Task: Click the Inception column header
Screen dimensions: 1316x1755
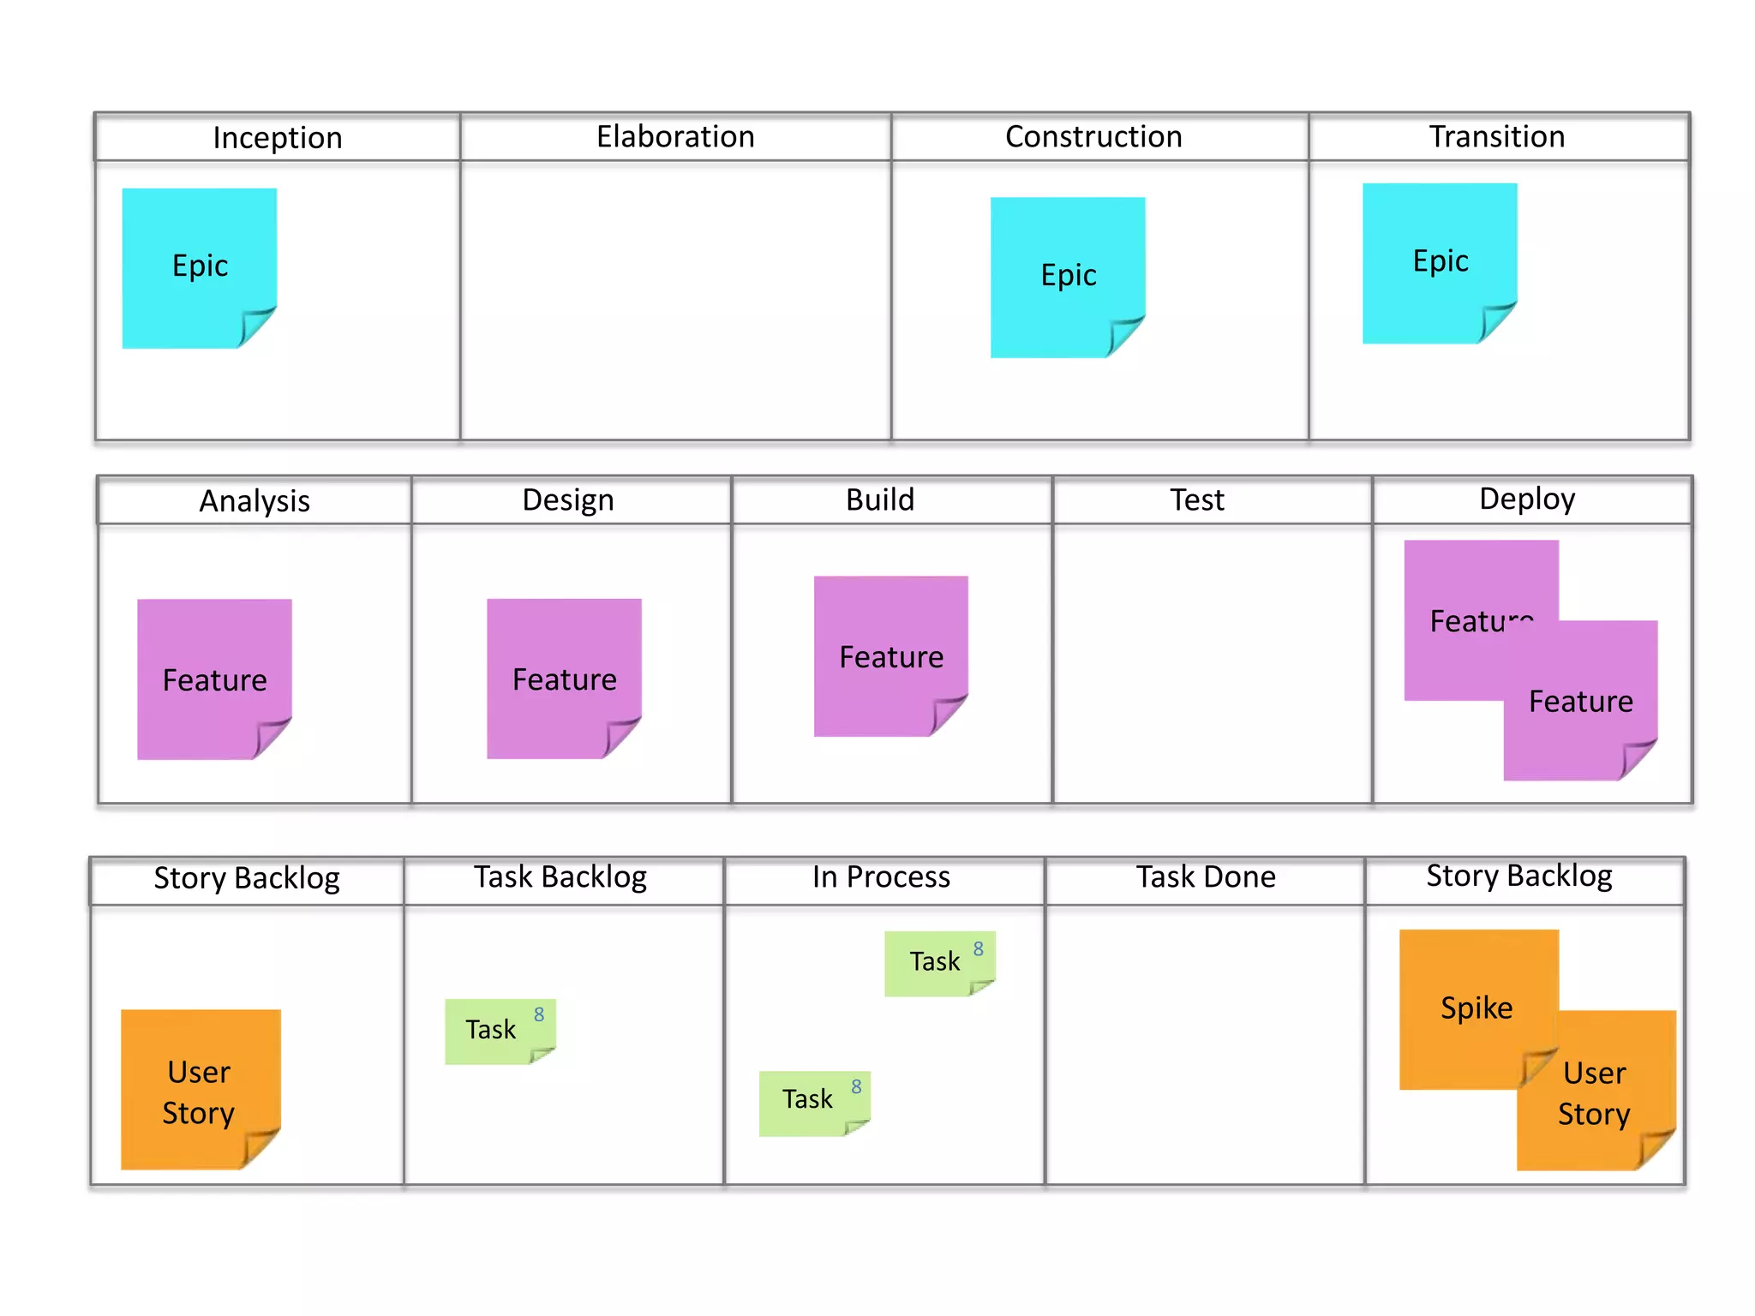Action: coord(277,137)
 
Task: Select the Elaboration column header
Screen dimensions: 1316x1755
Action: coord(675,136)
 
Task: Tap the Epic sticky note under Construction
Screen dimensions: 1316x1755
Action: coord(1068,276)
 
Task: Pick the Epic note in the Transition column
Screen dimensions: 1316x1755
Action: coord(1440,261)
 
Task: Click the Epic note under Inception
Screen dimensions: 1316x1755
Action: coord(199,266)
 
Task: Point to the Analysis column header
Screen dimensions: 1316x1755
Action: coord(255,500)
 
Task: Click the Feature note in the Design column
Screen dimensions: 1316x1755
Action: coord(564,679)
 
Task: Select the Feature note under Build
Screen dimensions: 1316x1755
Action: coord(890,655)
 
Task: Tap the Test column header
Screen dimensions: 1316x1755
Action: coord(1196,499)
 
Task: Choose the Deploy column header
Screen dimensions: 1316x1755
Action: coord(1527,499)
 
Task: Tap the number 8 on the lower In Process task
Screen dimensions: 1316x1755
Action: coord(856,1087)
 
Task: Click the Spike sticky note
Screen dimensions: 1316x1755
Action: coord(1476,1007)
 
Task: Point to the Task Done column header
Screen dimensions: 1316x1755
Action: coord(1205,877)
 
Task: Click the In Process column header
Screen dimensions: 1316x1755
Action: coord(881,877)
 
